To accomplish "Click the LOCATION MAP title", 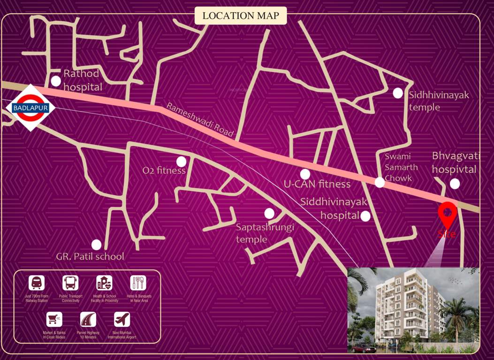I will (241, 16).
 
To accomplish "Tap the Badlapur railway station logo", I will (30, 108).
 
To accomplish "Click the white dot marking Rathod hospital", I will (56, 81).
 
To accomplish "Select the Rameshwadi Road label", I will (199, 120).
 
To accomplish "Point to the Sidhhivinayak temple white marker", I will (398, 93).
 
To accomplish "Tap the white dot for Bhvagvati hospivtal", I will (455, 184).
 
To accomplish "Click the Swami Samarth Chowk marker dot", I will (380, 182).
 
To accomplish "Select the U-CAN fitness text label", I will (317, 184).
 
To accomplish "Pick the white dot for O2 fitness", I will (181, 162).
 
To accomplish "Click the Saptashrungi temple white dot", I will (269, 213).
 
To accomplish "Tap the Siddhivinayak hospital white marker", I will (365, 216).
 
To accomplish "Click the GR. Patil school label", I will (90, 256).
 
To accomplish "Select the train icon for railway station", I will (37, 283).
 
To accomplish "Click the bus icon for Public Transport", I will (70, 283).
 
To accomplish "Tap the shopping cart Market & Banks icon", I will (54, 319).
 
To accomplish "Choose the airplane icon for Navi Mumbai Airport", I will (122, 319).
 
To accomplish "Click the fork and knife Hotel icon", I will (138, 283).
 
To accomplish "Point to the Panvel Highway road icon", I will (88, 319).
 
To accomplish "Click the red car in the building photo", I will (363, 348).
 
